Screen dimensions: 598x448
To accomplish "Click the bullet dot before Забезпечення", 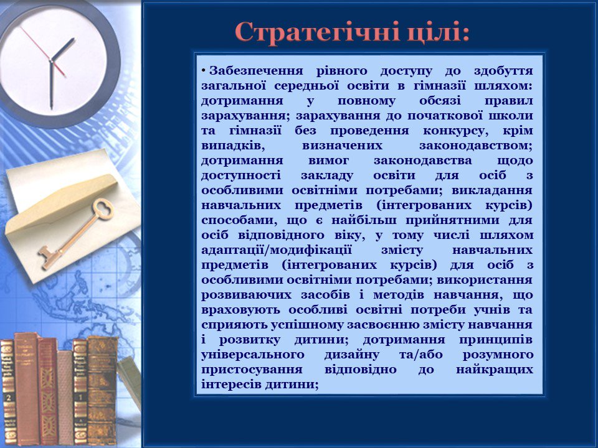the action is tap(204, 71).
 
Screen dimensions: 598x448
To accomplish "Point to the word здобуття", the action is tap(503, 71).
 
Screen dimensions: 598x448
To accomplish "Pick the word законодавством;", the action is tap(475, 146).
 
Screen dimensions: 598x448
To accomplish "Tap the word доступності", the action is tap(241, 175).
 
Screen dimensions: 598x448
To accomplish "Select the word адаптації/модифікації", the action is tap(277, 250).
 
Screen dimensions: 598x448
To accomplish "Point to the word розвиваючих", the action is tap(247, 295).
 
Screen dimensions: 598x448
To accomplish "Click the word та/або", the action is tap(421, 355).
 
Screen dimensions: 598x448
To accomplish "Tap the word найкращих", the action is tap(494, 370).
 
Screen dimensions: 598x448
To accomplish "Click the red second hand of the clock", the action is tap(43, 52).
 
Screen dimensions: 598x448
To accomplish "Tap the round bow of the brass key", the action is tap(102, 209).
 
